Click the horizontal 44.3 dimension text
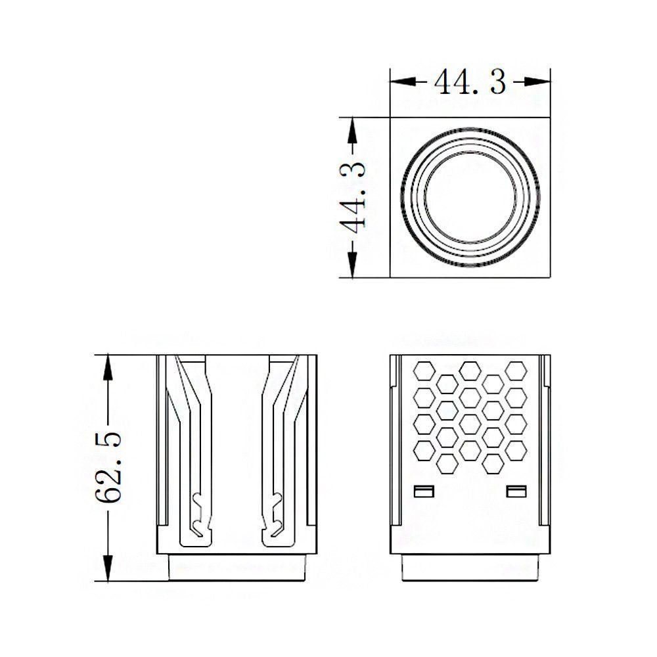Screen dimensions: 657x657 click(470, 81)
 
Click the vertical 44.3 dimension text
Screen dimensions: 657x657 click(352, 197)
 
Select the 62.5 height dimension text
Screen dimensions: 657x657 click(108, 467)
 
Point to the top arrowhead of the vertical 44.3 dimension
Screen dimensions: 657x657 click(352, 131)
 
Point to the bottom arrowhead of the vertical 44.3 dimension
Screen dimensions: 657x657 click(352, 264)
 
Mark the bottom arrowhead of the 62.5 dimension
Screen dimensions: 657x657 click(108, 568)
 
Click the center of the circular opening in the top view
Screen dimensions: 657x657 click(470, 197)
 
